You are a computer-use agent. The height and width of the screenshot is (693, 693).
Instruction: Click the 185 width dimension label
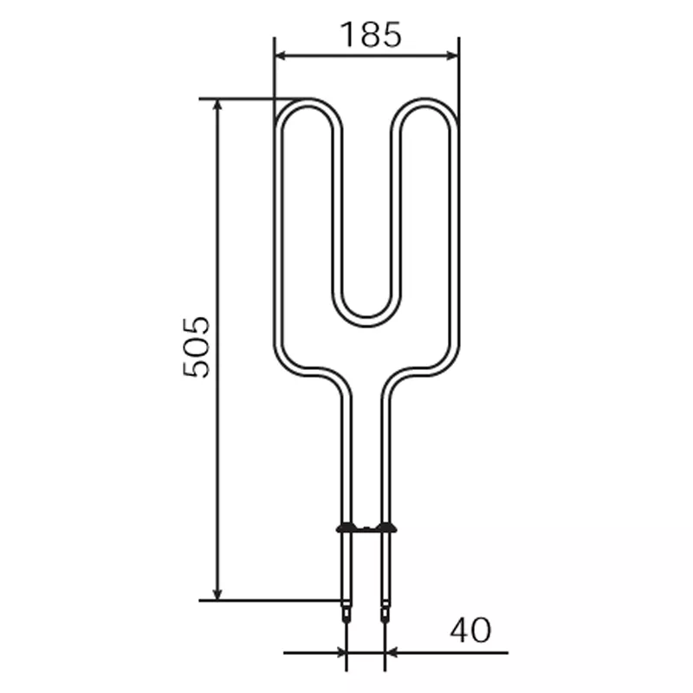[371, 35]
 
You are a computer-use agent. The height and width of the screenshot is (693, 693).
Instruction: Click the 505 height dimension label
[196, 346]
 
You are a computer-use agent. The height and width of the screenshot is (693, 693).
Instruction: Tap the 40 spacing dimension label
[470, 630]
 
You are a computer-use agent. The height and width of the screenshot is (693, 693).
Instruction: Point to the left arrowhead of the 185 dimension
[282, 55]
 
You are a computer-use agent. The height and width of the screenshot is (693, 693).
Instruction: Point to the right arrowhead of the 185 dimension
[451, 55]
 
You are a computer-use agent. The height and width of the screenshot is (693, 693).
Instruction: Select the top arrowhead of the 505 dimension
[217, 106]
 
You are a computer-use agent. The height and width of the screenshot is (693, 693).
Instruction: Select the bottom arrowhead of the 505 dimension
[217, 593]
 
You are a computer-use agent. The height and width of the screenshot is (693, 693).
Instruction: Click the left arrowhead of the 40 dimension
[340, 652]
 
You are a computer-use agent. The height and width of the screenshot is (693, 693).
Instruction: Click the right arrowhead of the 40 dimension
[392, 652]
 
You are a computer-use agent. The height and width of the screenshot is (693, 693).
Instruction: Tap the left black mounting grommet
[346, 528]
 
